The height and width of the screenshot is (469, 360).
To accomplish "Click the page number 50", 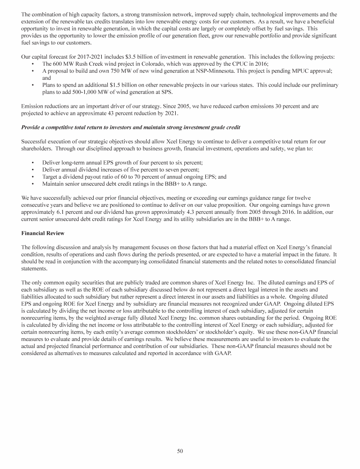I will pos(180,451).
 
